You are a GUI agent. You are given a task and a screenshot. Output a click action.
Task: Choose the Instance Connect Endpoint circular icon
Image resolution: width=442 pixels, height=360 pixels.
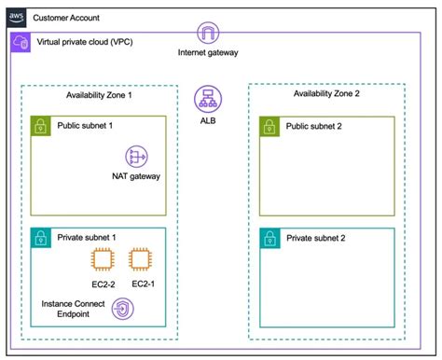pyautogui.click(x=121, y=310)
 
